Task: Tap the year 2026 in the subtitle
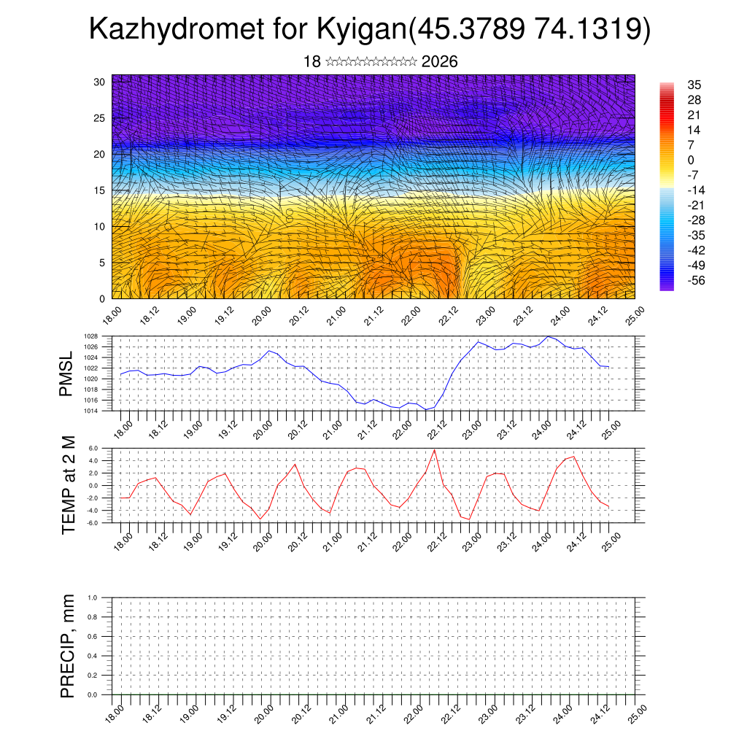pyautogui.click(x=440, y=62)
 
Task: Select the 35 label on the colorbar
pyautogui.click(x=694, y=85)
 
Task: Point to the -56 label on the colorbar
pyautogui.click(x=696, y=280)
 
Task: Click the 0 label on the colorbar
pyautogui.click(x=691, y=160)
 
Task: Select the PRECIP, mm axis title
pyautogui.click(x=68, y=646)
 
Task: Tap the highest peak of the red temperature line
pyautogui.click(x=435, y=449)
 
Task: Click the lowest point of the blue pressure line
pyautogui.click(x=426, y=409)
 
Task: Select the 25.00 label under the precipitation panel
pyautogui.click(x=637, y=711)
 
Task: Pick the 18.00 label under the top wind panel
pyautogui.click(x=111, y=315)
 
